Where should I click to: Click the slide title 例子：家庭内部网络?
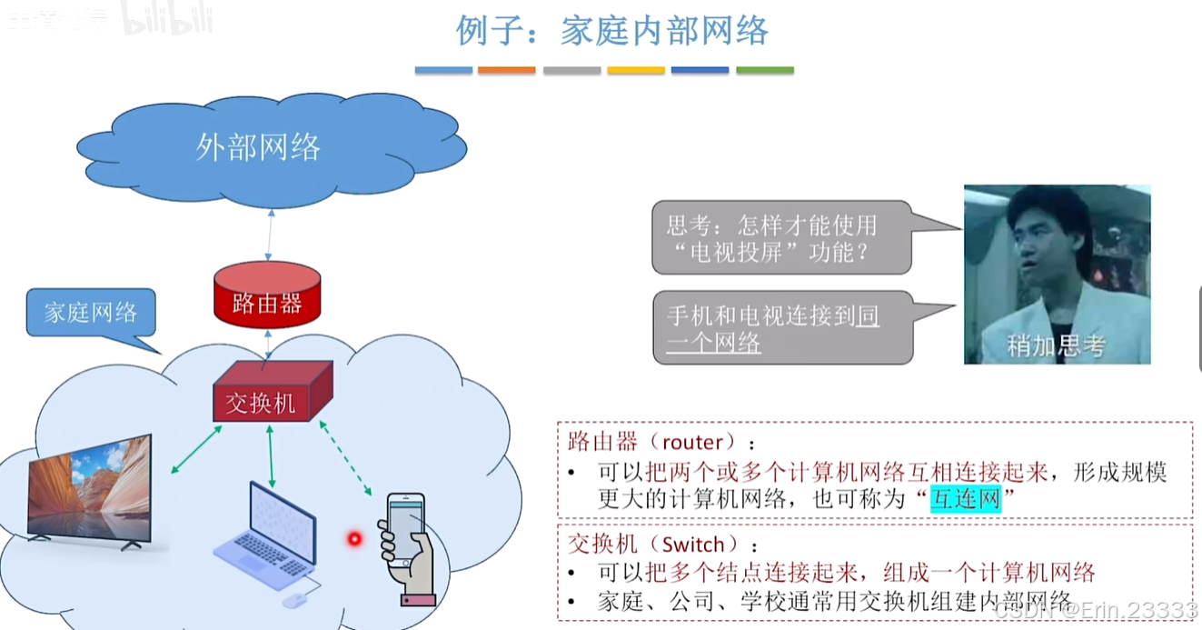[x=611, y=31]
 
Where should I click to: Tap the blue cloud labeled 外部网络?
[x=259, y=146]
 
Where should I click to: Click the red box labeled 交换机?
[x=262, y=401]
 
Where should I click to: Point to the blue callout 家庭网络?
[x=91, y=313]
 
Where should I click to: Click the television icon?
[x=89, y=491]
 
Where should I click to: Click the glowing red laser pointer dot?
[x=354, y=539]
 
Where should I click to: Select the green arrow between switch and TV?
[x=196, y=449]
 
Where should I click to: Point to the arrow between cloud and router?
[x=269, y=234]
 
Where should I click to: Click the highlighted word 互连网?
[x=965, y=499]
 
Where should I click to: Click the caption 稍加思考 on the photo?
[x=1056, y=345]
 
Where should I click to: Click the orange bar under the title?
[x=506, y=70]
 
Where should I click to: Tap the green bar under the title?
[x=764, y=70]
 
